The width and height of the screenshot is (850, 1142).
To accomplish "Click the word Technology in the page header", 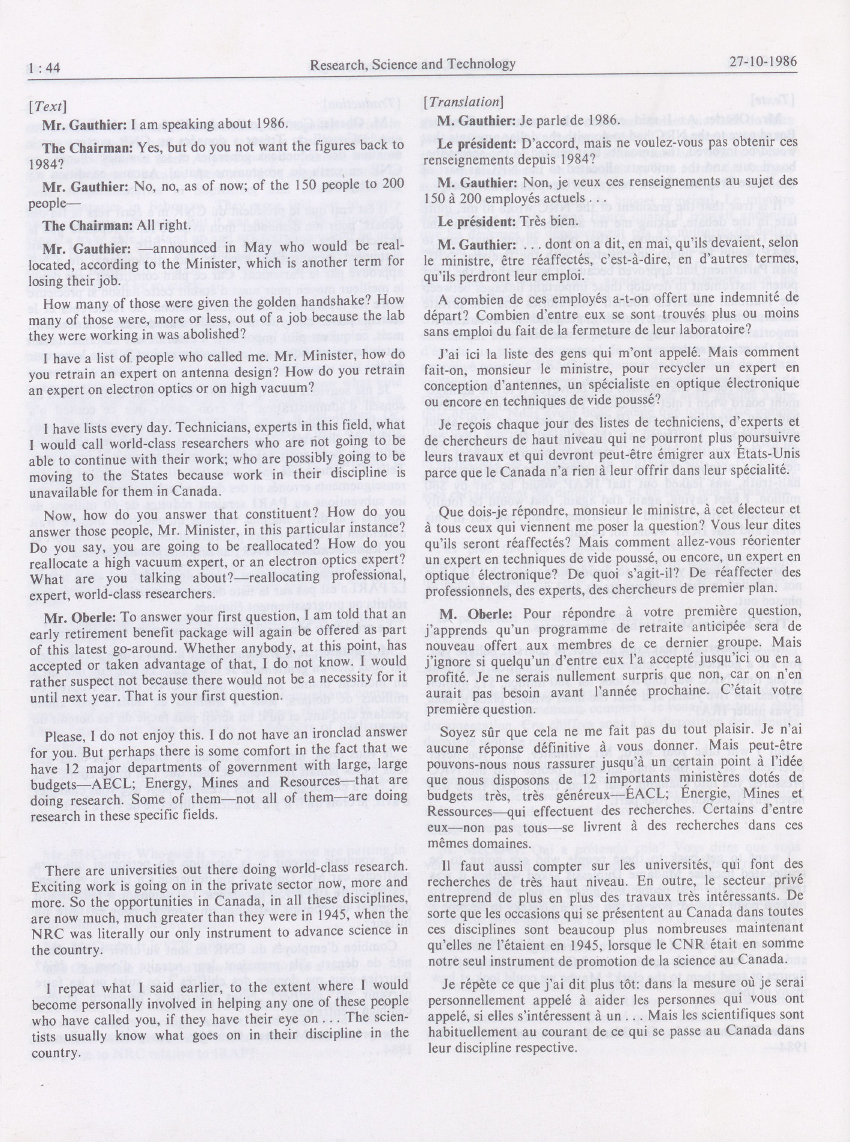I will click(482, 64).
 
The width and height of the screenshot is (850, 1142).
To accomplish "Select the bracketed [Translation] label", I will click(463, 101).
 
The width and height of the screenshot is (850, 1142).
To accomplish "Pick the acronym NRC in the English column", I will click(50, 932).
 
